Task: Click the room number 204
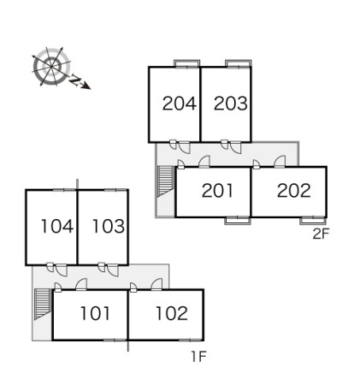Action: point(180,104)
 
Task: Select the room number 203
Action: point(231,104)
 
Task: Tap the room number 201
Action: point(217,191)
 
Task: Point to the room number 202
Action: point(294,191)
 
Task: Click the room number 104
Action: point(57,226)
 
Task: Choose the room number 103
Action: point(109,226)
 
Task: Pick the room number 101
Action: point(95,313)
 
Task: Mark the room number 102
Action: point(172,313)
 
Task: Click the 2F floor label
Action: point(321,234)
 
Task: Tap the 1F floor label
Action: point(198,357)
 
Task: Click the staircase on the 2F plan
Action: point(165,181)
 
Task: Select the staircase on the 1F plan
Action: point(42,304)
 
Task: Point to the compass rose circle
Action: point(51,67)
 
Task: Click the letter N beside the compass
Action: point(74,80)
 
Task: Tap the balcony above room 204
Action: point(187,63)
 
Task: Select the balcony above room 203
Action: point(239,63)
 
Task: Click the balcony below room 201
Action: point(238,221)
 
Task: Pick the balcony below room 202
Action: point(313,221)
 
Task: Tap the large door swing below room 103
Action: point(113,271)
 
